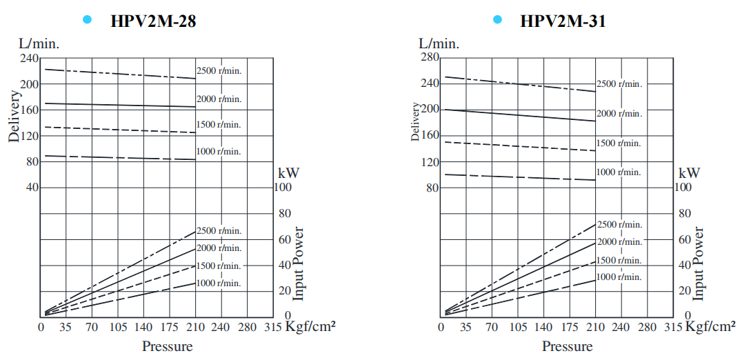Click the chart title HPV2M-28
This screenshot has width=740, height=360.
(153, 21)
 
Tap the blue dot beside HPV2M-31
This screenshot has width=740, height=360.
(497, 20)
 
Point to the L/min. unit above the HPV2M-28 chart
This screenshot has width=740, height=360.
(39, 43)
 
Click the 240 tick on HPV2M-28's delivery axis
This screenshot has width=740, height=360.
(29, 58)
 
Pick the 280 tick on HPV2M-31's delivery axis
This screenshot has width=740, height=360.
(429, 57)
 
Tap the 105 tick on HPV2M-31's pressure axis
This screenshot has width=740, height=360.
(518, 327)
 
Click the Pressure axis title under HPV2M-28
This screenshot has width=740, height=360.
(167, 346)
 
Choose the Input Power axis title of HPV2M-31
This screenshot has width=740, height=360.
(699, 263)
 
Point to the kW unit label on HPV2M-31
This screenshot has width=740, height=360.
(689, 172)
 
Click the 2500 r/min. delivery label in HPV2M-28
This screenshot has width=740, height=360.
(219, 70)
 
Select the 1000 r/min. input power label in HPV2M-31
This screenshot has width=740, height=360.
(619, 277)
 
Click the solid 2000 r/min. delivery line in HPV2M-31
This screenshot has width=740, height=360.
(517, 115)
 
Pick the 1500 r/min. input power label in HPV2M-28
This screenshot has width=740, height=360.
(219, 266)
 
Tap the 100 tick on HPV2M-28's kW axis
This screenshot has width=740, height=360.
(284, 187)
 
